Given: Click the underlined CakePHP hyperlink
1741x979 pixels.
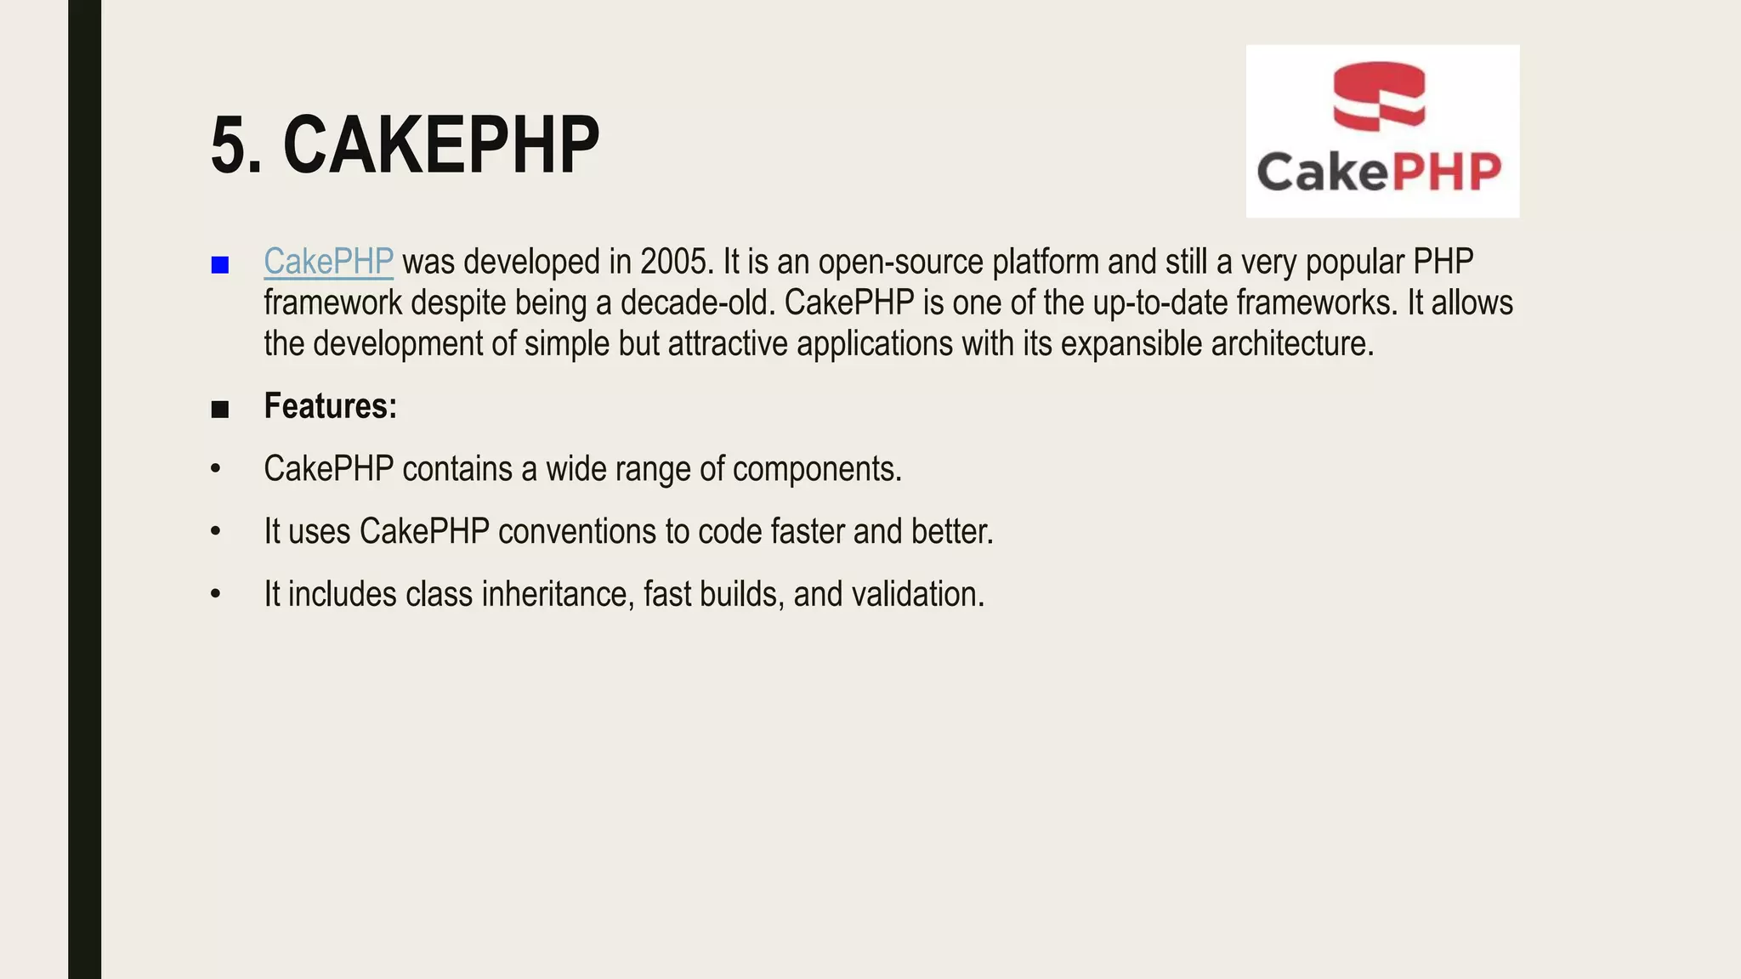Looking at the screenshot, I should pyautogui.click(x=328, y=262).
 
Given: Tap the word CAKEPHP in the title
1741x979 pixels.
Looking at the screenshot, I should pyautogui.click(x=441, y=145).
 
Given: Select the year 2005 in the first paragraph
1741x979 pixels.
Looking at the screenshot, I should pyautogui.click(x=674, y=262).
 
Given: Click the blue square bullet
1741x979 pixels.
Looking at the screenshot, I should pyautogui.click(x=220, y=265).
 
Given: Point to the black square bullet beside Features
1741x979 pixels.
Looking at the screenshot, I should pyautogui.click(x=220, y=410).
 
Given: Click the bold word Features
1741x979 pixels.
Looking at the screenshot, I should pyautogui.click(x=330, y=406).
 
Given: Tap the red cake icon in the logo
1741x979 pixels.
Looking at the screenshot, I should pyautogui.click(x=1379, y=96).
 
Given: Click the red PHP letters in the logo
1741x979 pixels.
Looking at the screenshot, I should pyautogui.click(x=1445, y=173).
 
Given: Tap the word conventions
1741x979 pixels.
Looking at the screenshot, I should pyautogui.click(x=576, y=532).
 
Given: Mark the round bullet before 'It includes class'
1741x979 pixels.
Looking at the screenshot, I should pyautogui.click(x=216, y=594).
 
